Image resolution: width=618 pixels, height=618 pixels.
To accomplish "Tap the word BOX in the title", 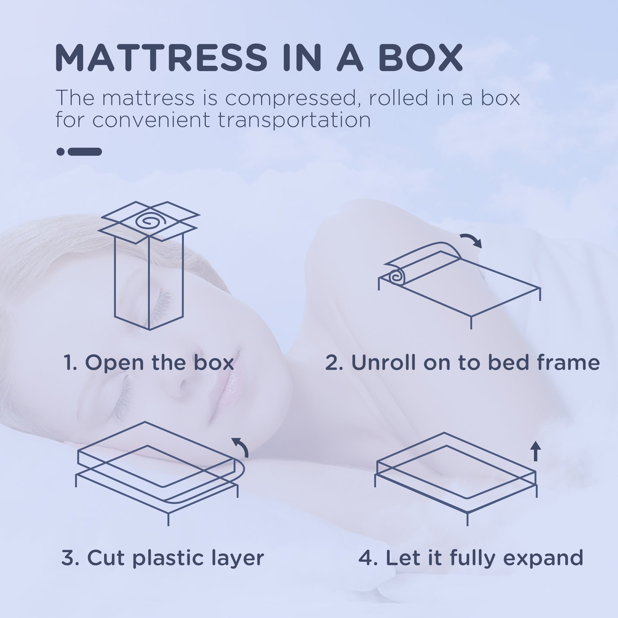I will click(420, 57).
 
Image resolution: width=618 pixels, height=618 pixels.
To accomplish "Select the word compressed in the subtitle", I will click(291, 98).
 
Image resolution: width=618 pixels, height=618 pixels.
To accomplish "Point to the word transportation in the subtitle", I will click(294, 120).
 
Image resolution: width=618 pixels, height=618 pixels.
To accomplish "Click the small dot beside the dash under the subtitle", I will click(60, 151).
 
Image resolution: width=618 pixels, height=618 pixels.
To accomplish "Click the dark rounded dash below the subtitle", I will click(85, 151).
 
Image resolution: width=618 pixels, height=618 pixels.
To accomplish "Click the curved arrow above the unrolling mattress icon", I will click(471, 240).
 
